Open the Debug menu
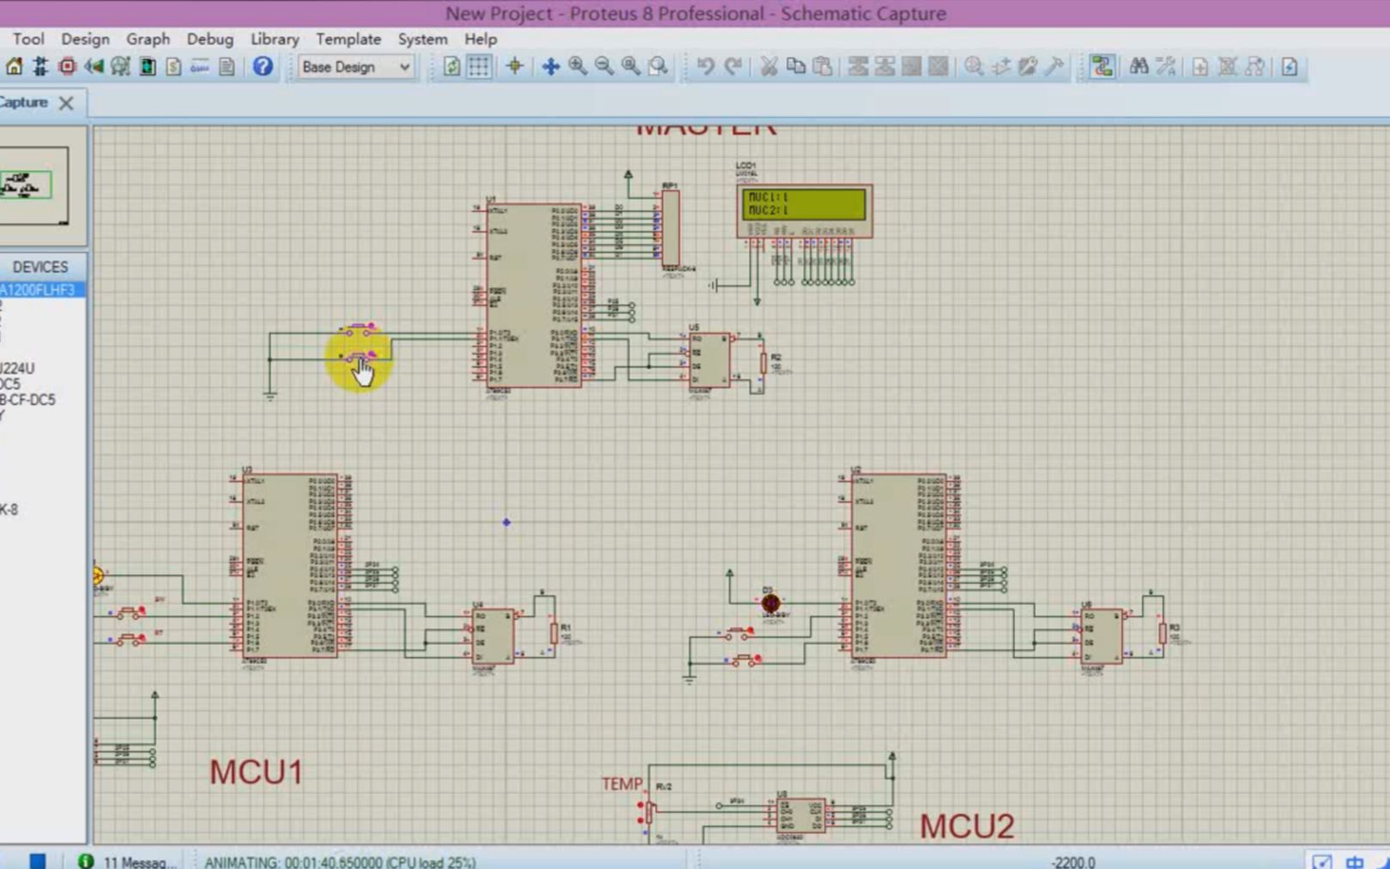[x=209, y=39]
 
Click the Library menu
[x=275, y=39]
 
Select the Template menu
[x=347, y=39]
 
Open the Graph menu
[x=148, y=39]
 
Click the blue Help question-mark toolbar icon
[x=263, y=67]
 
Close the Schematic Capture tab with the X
[x=66, y=103]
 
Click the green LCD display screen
[x=803, y=204]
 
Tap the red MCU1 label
[x=256, y=772]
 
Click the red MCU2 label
[x=967, y=826]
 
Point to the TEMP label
[x=621, y=784]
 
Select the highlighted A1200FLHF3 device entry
[x=39, y=290]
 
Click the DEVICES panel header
[x=40, y=267]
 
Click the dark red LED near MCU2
[x=771, y=603]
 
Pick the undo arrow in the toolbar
[x=705, y=67]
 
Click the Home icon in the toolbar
[x=15, y=67]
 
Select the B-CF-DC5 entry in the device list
[x=28, y=400]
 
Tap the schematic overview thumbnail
[x=34, y=185]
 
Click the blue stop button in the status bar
[x=37, y=860]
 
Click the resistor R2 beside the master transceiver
[x=763, y=364]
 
